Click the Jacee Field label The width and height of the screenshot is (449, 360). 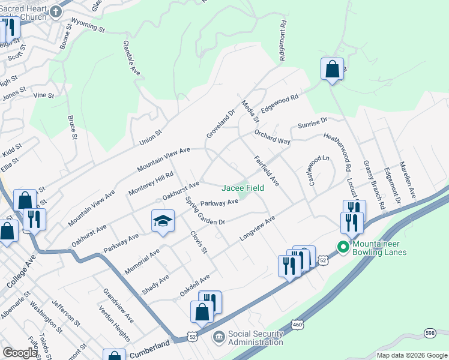tap(243, 188)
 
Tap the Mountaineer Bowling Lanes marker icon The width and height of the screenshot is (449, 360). tap(343, 247)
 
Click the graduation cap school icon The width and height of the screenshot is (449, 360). tap(163, 221)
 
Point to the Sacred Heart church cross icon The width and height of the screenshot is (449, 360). tap(55, 11)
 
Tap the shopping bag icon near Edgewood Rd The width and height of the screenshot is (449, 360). tap(332, 69)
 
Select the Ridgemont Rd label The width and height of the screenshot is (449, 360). tap(282, 41)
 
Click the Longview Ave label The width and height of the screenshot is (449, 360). tap(257, 229)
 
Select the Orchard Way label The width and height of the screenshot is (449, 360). tap(272, 136)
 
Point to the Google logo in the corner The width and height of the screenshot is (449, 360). tap(20, 353)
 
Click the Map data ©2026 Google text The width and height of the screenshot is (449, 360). tap(412, 355)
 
